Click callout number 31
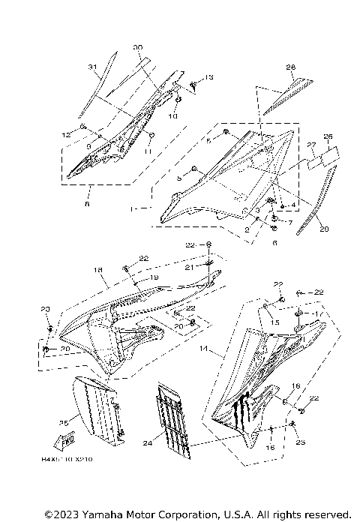(x=93, y=68)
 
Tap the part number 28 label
(x=291, y=67)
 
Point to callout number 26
(x=327, y=136)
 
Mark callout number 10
(x=172, y=117)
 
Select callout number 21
(x=211, y=267)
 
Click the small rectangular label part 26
(x=328, y=156)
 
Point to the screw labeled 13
(x=193, y=84)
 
